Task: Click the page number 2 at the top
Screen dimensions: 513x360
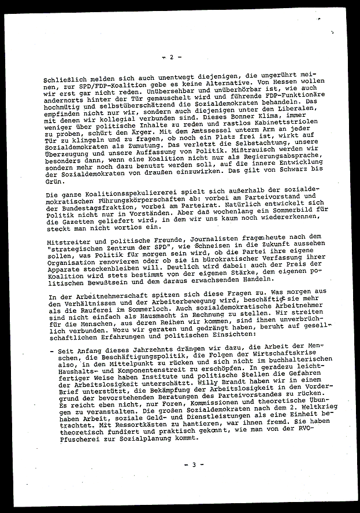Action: pos(171,57)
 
